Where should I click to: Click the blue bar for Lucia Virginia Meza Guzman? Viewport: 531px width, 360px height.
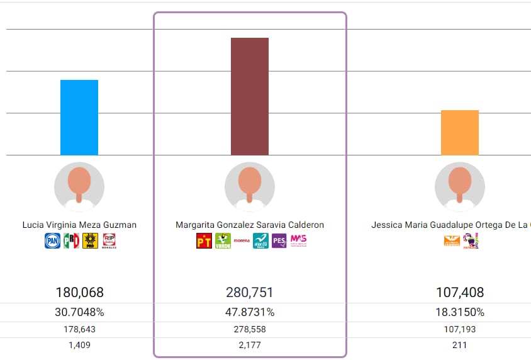(79, 117)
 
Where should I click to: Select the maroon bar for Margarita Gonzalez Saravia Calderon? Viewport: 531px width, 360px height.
(250, 96)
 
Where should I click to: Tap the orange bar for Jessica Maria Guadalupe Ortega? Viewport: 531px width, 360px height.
(460, 132)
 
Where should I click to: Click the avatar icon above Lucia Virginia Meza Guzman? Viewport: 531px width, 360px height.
(79, 187)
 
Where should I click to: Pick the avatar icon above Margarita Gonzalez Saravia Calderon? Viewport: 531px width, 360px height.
(250, 187)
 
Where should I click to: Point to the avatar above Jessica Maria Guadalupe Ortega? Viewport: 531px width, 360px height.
(460, 187)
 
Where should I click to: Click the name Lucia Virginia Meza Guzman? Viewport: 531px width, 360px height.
(79, 225)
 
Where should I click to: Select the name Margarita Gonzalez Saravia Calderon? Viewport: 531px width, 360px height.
(250, 225)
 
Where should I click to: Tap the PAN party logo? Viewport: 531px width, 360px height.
(52, 240)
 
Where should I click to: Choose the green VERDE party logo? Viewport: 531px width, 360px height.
(223, 240)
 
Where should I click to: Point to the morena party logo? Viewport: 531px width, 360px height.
(242, 240)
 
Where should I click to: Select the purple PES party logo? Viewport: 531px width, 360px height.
(279, 240)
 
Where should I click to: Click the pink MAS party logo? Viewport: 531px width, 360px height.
(298, 240)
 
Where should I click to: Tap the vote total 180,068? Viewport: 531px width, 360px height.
(79, 292)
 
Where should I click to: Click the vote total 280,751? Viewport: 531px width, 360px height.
(250, 292)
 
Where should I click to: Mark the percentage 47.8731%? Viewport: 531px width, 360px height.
(250, 312)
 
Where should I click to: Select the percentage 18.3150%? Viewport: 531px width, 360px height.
(460, 312)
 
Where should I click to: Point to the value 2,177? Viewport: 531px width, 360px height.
(250, 345)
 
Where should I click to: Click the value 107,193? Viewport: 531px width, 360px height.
(460, 329)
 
